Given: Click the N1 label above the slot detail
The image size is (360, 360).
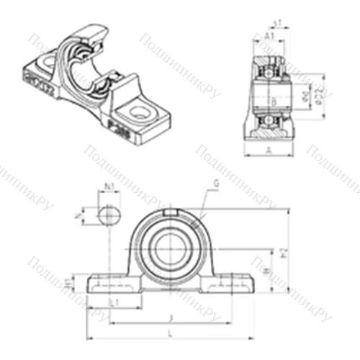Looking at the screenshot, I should [x=109, y=189].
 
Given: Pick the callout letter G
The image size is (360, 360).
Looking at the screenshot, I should [x=215, y=185].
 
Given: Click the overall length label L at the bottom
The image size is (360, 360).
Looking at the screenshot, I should [x=170, y=333].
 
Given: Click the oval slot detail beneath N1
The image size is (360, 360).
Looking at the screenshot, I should [x=107, y=214].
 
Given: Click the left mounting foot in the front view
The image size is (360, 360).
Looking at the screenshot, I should [x=108, y=284].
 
